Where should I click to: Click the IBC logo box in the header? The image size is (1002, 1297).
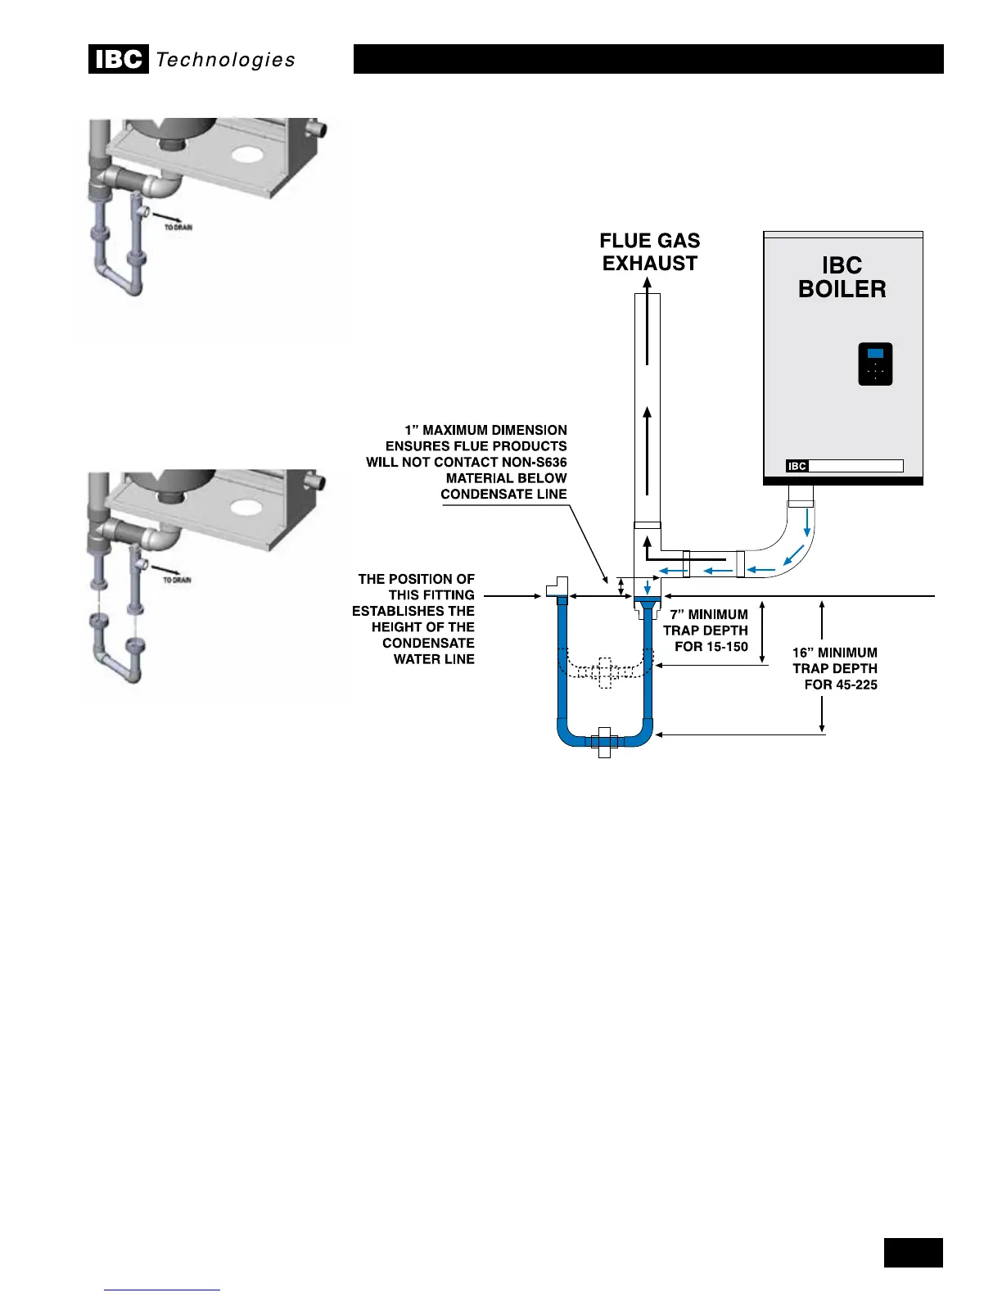(118, 60)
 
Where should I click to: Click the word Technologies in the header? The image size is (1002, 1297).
(225, 60)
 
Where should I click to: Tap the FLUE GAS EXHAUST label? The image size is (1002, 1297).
(650, 252)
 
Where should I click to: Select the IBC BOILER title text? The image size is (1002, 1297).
(842, 278)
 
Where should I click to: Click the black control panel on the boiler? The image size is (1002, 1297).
(875, 364)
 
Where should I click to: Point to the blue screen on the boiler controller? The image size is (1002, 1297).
(875, 354)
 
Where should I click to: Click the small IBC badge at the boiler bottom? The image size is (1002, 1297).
(797, 466)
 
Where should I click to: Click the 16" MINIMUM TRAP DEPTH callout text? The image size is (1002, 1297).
(835, 668)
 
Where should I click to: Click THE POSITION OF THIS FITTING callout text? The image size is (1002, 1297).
(415, 619)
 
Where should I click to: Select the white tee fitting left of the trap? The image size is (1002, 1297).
(557, 588)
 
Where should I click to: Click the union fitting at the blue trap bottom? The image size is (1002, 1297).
(604, 741)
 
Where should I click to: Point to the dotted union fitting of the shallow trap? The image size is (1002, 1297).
(604, 672)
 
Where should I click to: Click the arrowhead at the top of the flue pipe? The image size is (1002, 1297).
(647, 283)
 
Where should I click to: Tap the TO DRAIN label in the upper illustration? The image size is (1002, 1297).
(178, 227)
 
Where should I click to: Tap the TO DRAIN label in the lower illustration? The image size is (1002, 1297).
(178, 580)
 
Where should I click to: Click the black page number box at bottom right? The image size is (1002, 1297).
(913, 1253)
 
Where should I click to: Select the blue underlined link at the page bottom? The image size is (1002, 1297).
(162, 1288)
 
